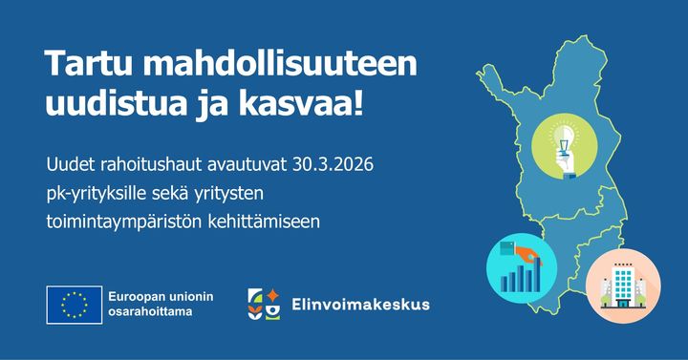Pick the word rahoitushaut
[x=144, y=166]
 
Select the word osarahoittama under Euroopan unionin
[x=149, y=312]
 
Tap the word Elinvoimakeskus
[x=362, y=306]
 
